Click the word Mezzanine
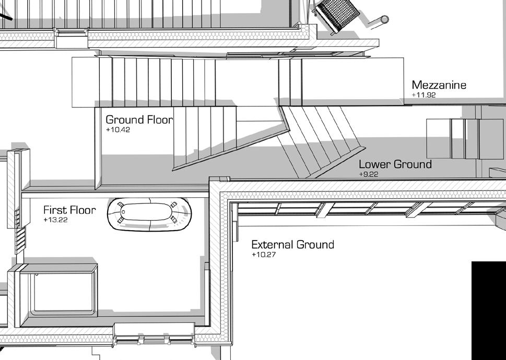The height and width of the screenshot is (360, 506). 439,85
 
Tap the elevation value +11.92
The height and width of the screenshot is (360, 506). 423,95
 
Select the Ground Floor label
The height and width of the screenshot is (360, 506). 139,120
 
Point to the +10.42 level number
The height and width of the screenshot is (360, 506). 117,130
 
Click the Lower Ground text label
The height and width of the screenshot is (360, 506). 395,164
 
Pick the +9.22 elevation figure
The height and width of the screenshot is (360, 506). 369,174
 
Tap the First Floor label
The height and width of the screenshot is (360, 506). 69,210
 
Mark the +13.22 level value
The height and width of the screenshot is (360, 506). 55,220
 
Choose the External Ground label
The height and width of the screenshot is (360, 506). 292,245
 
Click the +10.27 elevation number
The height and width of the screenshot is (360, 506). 264,255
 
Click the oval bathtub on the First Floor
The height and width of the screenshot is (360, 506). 149,214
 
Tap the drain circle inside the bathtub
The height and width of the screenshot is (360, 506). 123,212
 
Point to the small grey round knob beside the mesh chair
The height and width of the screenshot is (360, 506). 384,20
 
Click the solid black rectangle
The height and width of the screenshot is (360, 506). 488,310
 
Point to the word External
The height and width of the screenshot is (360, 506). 272,245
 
